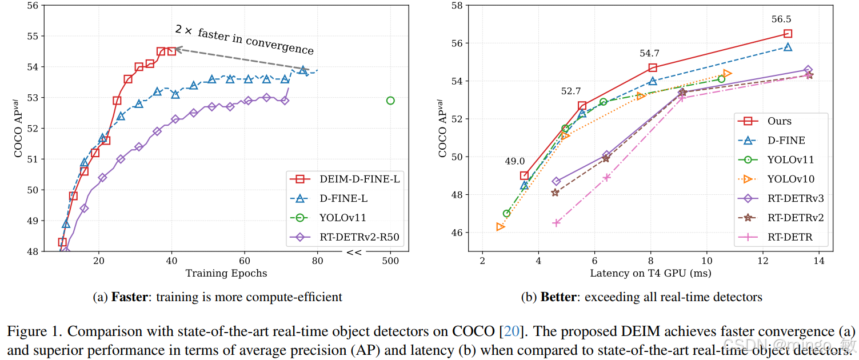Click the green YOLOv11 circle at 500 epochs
tap(390, 101)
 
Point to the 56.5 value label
tap(781, 19)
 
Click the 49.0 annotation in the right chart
tap(515, 162)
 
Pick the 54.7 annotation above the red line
tap(650, 53)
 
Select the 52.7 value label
tap(571, 91)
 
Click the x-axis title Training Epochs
tap(226, 273)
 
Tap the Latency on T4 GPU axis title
tap(650, 273)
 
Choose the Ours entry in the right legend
tap(780, 121)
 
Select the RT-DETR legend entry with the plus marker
tap(790, 237)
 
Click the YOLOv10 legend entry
tap(791, 179)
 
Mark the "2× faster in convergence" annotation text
tap(244, 40)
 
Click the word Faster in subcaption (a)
tap(129, 297)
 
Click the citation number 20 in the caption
tap(511, 331)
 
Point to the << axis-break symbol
tap(354, 252)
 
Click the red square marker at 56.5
tap(788, 34)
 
